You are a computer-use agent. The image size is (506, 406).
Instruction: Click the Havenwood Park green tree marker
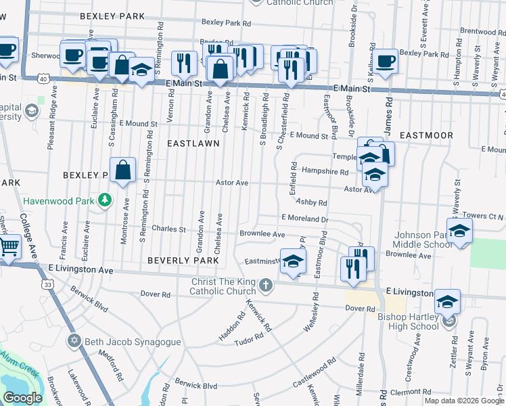click(x=104, y=200)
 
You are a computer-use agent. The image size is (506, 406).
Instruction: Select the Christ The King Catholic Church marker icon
click(x=266, y=285)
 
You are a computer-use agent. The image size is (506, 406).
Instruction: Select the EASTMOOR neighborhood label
click(x=426, y=135)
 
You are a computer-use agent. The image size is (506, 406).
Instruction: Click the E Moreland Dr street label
click(x=304, y=219)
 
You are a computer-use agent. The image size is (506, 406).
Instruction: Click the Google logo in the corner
click(x=22, y=398)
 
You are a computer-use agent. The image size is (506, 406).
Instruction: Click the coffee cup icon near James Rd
click(x=386, y=62)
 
